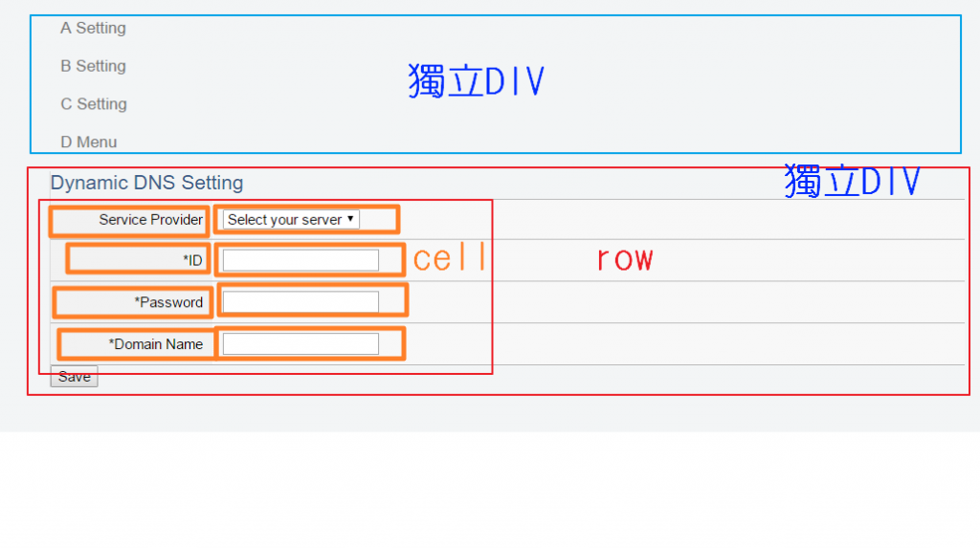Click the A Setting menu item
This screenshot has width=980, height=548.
point(93,29)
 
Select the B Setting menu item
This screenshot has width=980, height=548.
point(93,66)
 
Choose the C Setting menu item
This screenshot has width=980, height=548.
point(94,104)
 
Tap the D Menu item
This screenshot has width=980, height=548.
point(88,142)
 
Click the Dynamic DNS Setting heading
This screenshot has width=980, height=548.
point(146,183)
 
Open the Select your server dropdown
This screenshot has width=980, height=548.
point(291,220)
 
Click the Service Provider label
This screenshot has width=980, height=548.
point(150,220)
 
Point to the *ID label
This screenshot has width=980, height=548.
point(192,260)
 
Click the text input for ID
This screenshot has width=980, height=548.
point(301,260)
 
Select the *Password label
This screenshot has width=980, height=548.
point(168,302)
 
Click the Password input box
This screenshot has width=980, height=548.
point(301,302)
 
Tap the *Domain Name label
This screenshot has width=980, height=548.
point(155,344)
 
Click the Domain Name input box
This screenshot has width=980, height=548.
point(301,344)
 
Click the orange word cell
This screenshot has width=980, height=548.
point(450,258)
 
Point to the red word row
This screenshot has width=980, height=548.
point(624,258)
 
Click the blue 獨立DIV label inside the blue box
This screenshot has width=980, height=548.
point(476,81)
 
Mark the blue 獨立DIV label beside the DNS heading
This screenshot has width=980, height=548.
point(852,181)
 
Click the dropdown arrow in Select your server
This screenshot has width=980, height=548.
point(351,219)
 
